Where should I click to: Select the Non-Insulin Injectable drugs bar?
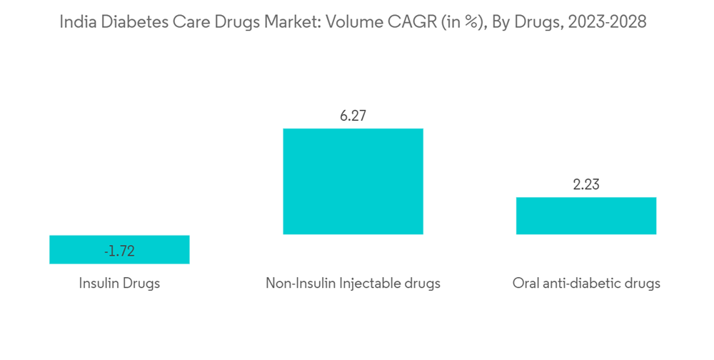pyautogui.click(x=353, y=181)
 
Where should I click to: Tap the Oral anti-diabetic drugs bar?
pyautogui.click(x=585, y=216)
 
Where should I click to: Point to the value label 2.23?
pyautogui.click(x=585, y=185)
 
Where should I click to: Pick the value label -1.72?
pyautogui.click(x=119, y=251)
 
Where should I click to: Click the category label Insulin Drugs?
pyautogui.click(x=119, y=284)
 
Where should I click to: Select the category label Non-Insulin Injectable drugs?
pyautogui.click(x=353, y=284)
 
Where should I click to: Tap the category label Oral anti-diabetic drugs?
pyautogui.click(x=585, y=284)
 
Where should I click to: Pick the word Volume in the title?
pyautogui.click(x=351, y=22)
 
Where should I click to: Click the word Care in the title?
pyautogui.click(x=188, y=22)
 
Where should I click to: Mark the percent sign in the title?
pyautogui.click(x=470, y=22)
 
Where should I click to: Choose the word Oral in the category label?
pyautogui.click(x=526, y=284)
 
